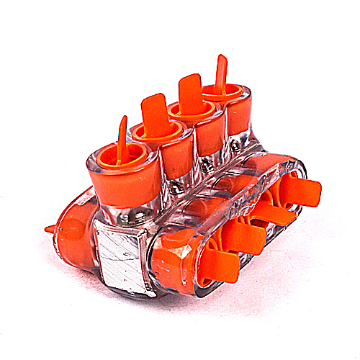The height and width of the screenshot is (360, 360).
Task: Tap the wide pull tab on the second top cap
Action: (153, 115)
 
